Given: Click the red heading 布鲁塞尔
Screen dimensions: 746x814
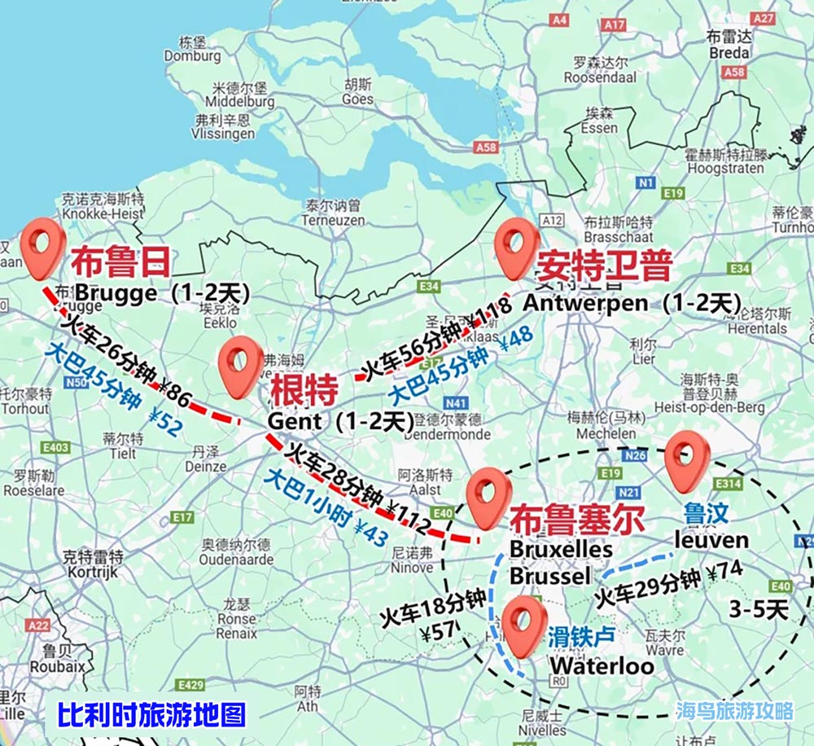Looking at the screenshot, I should click(x=577, y=520).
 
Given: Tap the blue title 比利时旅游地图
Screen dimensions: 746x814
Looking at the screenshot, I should click(x=151, y=714).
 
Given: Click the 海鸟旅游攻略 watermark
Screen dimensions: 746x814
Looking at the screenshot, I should click(x=734, y=711).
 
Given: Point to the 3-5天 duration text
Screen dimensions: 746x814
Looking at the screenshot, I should click(x=758, y=609).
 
